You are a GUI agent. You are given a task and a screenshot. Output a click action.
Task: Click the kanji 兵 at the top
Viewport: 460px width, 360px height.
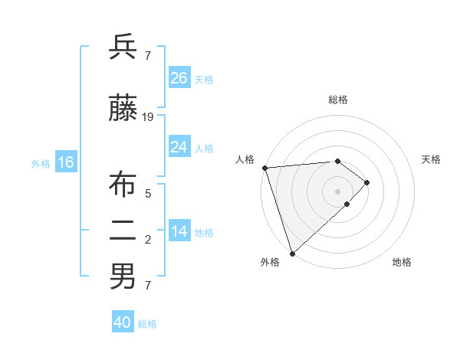coord(123,47)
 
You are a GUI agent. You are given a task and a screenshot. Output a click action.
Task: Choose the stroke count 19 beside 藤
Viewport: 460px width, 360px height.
coord(148,116)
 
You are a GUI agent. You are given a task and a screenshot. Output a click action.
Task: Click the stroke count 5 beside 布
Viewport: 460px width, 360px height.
coord(148,193)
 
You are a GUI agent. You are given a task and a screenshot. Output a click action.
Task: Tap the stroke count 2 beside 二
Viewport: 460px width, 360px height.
coord(148,240)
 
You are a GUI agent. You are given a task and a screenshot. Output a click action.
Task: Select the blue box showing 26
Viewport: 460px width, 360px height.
coord(179,77)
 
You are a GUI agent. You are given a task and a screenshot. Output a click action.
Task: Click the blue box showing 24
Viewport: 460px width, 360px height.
coord(179,146)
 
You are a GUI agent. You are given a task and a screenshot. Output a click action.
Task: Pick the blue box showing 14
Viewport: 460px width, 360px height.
coord(179,231)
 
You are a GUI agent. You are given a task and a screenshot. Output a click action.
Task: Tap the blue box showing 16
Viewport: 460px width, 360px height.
coord(65,162)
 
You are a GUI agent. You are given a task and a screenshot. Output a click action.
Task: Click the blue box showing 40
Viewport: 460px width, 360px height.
coord(123,322)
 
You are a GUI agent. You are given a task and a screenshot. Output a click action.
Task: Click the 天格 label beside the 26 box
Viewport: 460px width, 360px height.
coord(204,79)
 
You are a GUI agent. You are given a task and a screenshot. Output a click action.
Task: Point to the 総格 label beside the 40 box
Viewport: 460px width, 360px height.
coord(147,324)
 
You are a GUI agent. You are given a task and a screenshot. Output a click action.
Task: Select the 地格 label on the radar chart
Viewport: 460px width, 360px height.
coord(402,262)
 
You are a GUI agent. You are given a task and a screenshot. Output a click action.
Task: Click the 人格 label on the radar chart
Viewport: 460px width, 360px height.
coord(245,159)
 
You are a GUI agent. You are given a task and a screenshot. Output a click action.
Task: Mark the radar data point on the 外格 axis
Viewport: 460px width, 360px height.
coord(291,253)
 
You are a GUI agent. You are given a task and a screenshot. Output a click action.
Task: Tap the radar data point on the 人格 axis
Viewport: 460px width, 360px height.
coord(264,167)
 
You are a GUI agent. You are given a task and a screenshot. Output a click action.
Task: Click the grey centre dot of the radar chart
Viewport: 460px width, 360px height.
coord(337,191)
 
